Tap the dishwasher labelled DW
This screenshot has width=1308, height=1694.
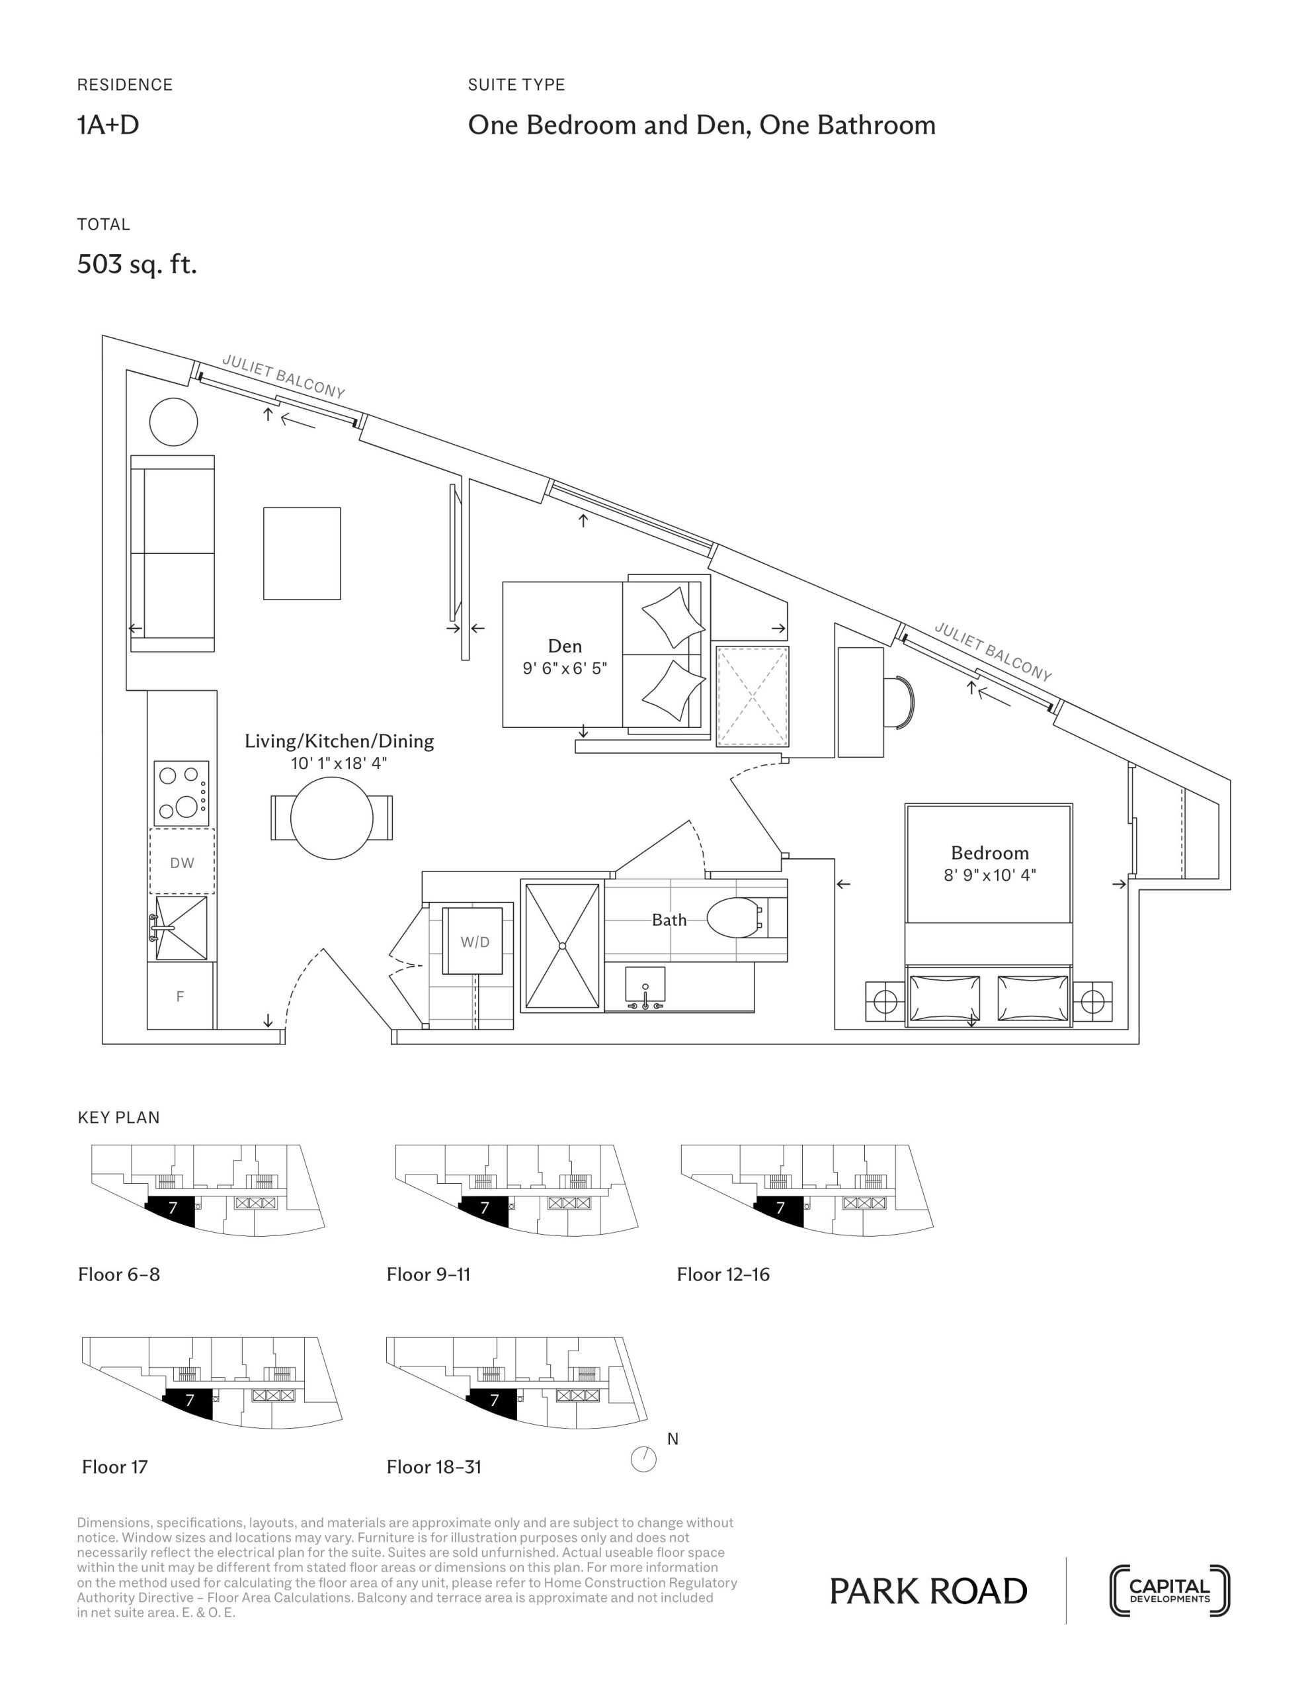point(183,862)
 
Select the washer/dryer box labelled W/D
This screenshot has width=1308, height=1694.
point(473,941)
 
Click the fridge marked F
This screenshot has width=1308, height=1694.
point(181,996)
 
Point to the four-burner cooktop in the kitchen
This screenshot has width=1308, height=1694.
point(181,793)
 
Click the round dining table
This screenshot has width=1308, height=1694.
point(332,817)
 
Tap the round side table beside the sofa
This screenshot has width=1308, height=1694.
point(174,422)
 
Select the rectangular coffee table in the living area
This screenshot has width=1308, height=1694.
point(302,553)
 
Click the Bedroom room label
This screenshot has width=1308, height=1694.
point(990,852)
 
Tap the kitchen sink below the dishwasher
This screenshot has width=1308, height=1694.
point(181,928)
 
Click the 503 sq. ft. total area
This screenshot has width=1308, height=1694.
point(138,265)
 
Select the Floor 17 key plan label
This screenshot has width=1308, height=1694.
point(115,1467)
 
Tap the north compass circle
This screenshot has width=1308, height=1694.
point(643,1460)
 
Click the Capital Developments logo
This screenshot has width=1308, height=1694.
point(1169,1591)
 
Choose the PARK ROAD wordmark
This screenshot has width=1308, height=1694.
point(928,1591)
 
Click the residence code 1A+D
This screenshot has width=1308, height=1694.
point(108,125)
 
